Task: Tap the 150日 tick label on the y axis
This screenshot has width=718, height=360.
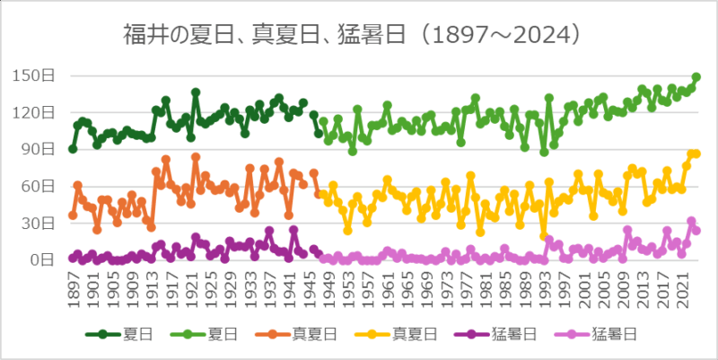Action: coord(36,75)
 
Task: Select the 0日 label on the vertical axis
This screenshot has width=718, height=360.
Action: coord(43,261)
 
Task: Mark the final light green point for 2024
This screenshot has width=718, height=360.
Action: coord(696,77)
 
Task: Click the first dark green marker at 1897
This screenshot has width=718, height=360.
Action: coord(73,149)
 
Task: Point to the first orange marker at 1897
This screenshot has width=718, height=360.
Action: coord(73,215)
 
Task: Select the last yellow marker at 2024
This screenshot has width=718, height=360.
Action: coord(696,154)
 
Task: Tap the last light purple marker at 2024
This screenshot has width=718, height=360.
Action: coord(696,231)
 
